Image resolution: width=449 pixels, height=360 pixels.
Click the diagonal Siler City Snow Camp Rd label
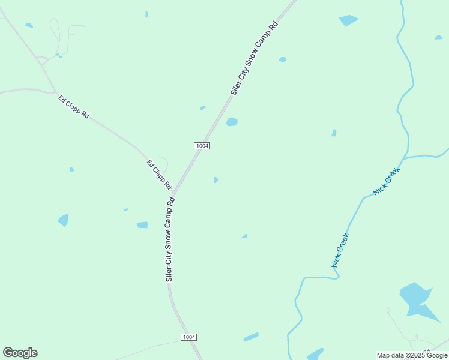pyautogui.click(x=256, y=58)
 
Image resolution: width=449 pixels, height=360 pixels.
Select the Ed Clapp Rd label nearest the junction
pyautogui.click(x=159, y=174)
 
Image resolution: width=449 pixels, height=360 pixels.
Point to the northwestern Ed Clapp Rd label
pyautogui.click(x=74, y=106)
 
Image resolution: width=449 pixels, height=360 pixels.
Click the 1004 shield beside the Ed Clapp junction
pyautogui.click(x=202, y=146)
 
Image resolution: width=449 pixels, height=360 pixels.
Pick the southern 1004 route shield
pyautogui.click(x=188, y=337)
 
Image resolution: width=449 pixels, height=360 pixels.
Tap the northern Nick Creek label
pyautogui.click(x=386, y=181)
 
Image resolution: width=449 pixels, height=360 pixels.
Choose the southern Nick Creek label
pyautogui.click(x=340, y=250)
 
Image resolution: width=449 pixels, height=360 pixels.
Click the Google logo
pyautogui.click(x=20, y=353)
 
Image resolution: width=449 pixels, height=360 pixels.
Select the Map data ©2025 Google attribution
pyautogui.click(x=412, y=355)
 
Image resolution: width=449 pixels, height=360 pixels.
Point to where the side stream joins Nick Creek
pyautogui.click(x=404, y=159)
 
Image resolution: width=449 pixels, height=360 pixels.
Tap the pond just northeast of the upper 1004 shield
pyautogui.click(x=232, y=122)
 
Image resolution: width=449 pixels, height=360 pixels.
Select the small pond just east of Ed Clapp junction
pyautogui.click(x=215, y=179)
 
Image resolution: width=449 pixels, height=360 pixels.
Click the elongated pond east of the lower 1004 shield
pyautogui.click(x=251, y=337)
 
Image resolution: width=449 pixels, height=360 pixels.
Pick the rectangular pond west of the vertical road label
pyautogui.click(x=142, y=225)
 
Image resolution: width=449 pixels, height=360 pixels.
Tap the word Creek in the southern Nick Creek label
pyautogui.click(x=342, y=243)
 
